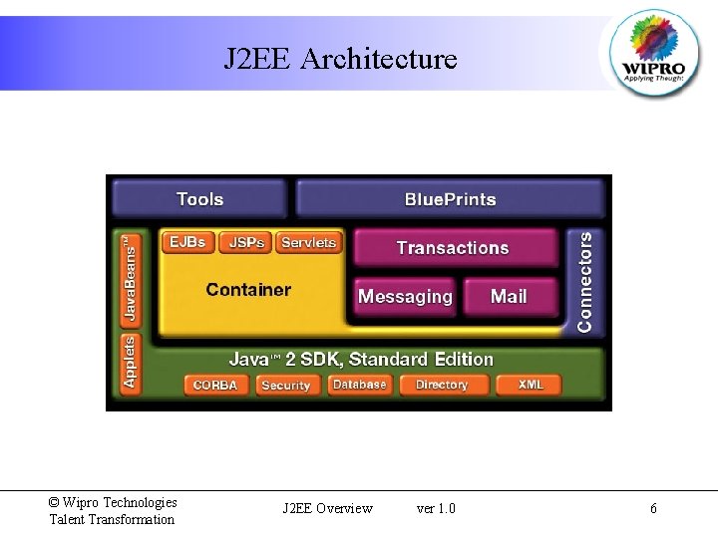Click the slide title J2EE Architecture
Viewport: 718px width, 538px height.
[340, 60]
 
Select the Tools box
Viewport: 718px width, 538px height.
[200, 199]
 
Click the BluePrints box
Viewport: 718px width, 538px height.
[450, 199]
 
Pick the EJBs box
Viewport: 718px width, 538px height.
[187, 242]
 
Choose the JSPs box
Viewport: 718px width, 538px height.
[247, 242]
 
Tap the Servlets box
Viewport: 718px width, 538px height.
[309, 242]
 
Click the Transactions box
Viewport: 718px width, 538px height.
[453, 248]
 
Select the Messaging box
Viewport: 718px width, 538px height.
[405, 297]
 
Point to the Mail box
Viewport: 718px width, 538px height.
[509, 297]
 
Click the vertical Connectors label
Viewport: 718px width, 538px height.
[585, 282]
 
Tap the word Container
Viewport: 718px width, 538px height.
[248, 290]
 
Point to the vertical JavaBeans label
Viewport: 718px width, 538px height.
[129, 280]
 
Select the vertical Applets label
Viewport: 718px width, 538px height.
[129, 362]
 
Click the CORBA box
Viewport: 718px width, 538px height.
[215, 385]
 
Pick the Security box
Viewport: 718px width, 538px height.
[286, 385]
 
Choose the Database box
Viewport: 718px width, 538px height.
[359, 385]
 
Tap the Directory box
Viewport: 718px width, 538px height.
[441, 385]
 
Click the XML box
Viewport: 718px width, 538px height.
[531, 385]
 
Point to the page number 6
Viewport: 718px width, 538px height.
[653, 509]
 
